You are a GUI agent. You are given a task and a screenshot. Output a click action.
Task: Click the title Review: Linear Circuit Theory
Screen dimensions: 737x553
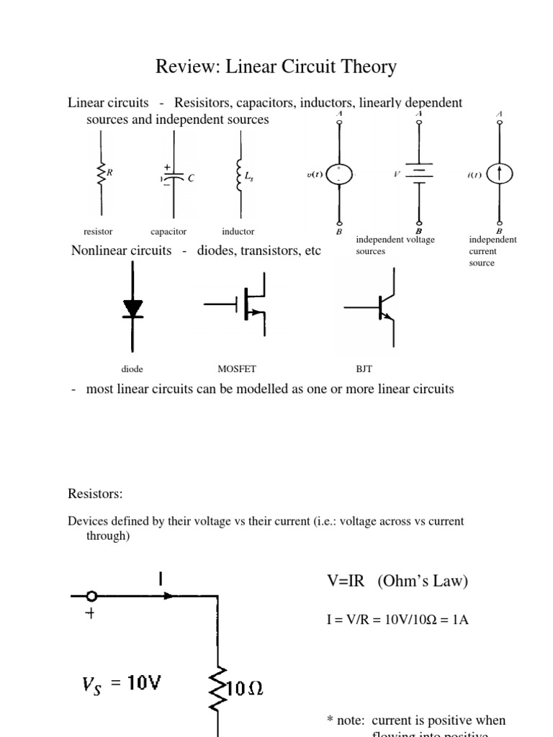coord(276,68)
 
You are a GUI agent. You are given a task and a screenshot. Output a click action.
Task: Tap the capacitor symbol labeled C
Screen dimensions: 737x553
coord(173,176)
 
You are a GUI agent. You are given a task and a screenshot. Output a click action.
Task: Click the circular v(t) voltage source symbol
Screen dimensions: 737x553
coord(339,174)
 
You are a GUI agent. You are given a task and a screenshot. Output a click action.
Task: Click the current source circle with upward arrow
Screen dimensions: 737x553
coord(499,174)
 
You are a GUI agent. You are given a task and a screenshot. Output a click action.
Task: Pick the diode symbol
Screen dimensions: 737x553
coord(132,307)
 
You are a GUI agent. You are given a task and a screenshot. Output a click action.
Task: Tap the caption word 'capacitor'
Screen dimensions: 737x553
coord(168,232)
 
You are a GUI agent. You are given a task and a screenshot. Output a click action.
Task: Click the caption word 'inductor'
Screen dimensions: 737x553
coord(238,232)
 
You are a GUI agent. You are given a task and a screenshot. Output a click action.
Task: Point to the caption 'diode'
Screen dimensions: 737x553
coord(132,369)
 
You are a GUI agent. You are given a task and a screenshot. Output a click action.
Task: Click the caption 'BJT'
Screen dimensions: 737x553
coord(364,369)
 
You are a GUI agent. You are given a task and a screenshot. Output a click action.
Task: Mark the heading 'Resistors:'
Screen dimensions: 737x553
coord(95,494)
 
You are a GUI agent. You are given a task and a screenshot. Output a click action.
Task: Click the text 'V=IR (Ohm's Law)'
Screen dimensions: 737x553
coord(397,582)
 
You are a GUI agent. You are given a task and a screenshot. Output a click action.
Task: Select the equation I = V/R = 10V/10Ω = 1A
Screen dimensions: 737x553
coord(397,618)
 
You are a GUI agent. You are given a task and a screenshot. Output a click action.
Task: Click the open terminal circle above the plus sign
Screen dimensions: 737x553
coord(91,596)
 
